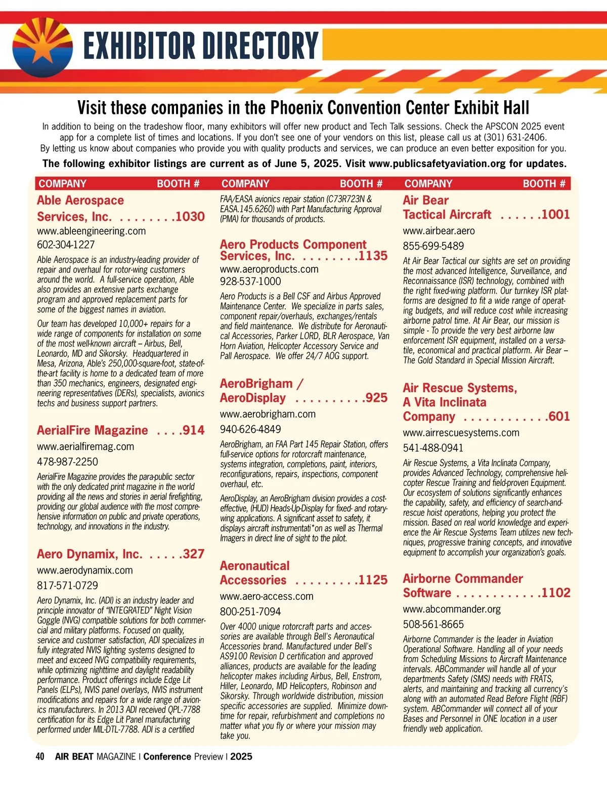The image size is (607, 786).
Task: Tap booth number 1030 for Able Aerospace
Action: tap(190, 217)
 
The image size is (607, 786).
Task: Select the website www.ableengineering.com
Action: tap(91, 231)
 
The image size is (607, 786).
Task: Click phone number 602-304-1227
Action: tap(66, 245)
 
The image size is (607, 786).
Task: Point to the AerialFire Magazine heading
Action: tap(93, 430)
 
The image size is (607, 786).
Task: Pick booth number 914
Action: tap(194, 430)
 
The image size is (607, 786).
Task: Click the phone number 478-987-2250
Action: tap(67, 462)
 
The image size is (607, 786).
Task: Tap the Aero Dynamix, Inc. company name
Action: tap(90, 554)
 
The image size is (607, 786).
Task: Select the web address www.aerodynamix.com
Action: tap(85, 570)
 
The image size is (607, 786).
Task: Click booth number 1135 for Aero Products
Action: tap(373, 256)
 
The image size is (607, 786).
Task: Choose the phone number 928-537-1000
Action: tap(250, 281)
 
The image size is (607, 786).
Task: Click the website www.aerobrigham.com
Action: tap(268, 414)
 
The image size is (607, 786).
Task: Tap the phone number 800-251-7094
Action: tap(250, 611)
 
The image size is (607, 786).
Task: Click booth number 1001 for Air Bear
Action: tap(556, 215)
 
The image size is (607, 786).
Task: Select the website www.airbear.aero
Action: tap(439, 231)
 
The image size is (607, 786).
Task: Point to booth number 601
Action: tap(559, 417)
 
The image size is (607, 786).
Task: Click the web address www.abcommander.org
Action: tap(452, 609)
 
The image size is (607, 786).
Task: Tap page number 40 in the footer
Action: tap(40, 757)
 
